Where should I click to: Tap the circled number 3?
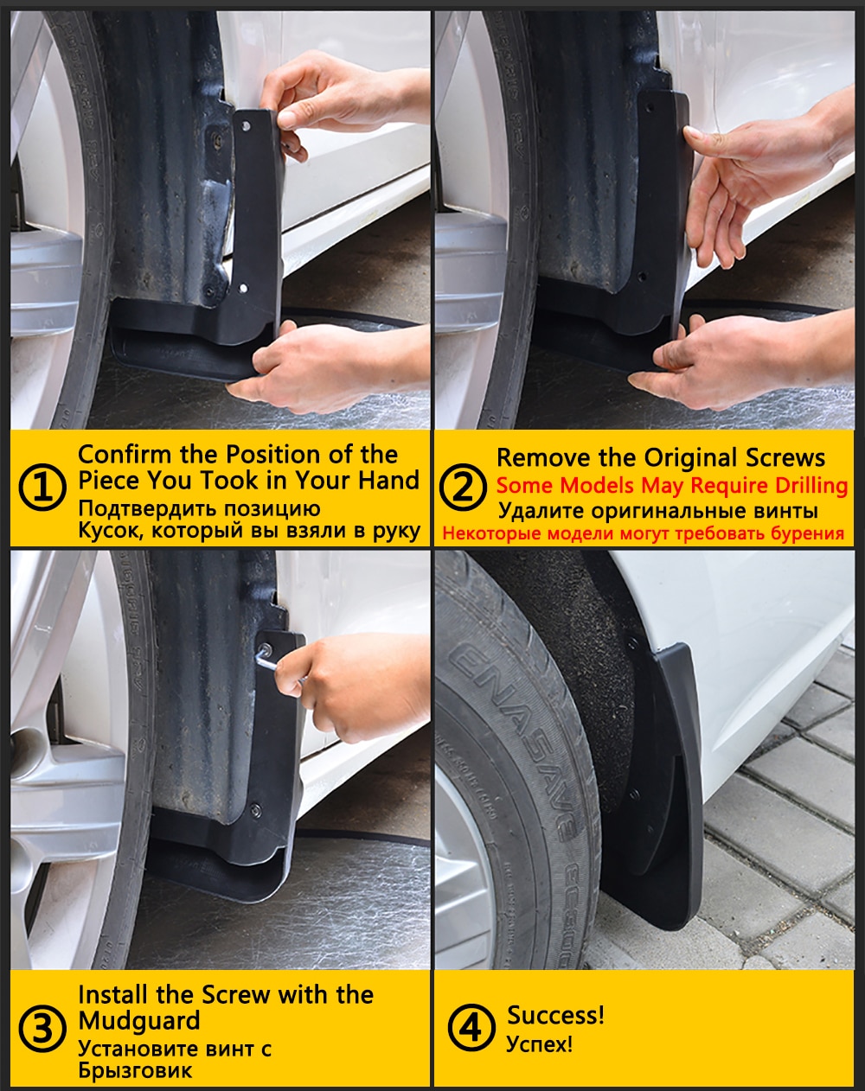[x=42, y=1030]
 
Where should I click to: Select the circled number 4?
[x=471, y=1029]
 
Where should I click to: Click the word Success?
[x=555, y=1015]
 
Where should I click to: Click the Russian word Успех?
[x=539, y=1044]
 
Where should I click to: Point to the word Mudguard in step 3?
[x=138, y=1021]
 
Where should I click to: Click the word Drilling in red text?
[x=799, y=485]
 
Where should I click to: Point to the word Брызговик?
[x=135, y=1070]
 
